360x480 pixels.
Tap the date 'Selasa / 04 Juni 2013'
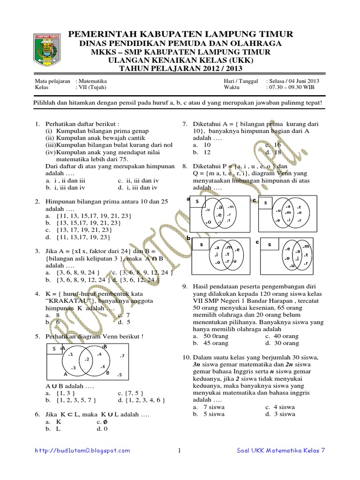pyautogui.click(x=292, y=81)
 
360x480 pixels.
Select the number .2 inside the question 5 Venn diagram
pyautogui.click(x=86, y=359)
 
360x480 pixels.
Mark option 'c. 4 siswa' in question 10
pyautogui.click(x=280, y=407)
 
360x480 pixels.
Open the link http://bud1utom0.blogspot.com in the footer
pyautogui.click(x=83, y=450)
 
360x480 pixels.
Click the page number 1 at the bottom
pyautogui.click(x=179, y=450)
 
